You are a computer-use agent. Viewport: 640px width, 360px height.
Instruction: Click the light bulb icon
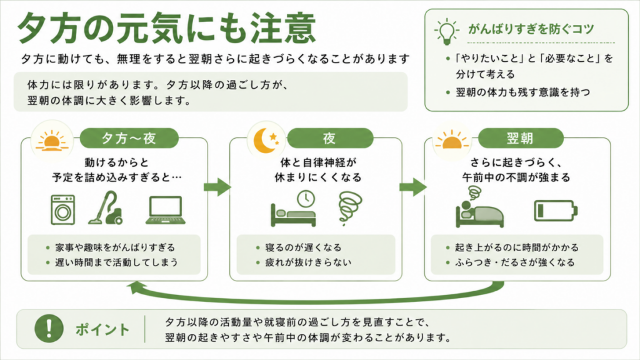[x=446, y=31]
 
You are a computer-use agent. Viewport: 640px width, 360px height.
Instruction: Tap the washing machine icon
[x=63, y=210]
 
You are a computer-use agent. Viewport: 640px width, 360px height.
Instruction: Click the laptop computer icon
[x=165, y=210]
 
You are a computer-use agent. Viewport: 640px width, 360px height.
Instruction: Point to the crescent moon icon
[x=265, y=141]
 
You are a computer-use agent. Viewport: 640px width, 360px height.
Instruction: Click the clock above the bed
[x=306, y=199]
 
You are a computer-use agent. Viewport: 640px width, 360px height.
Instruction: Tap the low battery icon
[x=556, y=211]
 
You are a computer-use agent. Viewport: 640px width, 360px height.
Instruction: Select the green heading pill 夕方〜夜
[x=129, y=138]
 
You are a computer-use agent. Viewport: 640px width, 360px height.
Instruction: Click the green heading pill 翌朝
[x=521, y=138]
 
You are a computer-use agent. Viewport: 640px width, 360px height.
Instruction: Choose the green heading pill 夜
[x=330, y=138]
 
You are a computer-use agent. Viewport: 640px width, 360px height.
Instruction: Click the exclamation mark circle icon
[x=49, y=329]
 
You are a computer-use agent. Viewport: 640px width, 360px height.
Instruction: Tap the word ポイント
[x=102, y=329]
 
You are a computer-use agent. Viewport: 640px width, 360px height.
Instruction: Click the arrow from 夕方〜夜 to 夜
[x=217, y=187]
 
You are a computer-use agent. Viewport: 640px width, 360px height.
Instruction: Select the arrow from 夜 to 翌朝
[x=413, y=187]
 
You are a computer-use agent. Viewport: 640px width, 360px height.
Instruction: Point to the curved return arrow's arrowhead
[x=135, y=287]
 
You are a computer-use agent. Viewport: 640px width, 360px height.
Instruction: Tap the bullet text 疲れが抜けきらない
[x=308, y=262]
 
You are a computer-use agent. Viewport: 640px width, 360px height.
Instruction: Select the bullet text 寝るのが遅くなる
[x=303, y=247]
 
